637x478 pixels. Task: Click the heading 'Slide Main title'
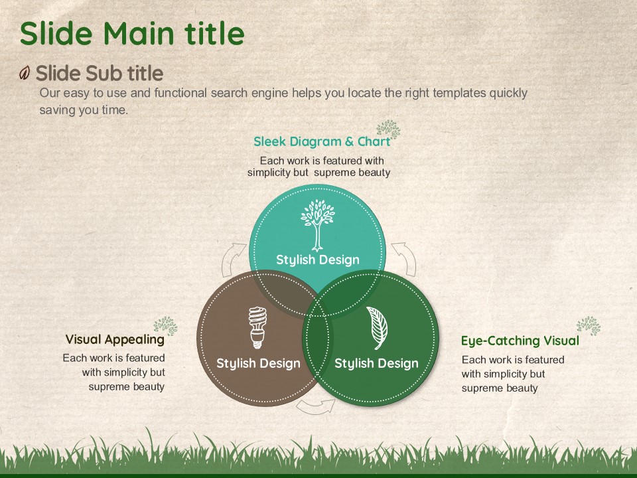click(x=132, y=33)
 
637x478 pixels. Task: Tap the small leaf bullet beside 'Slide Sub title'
click(x=25, y=73)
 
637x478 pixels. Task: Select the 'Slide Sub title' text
click(x=100, y=74)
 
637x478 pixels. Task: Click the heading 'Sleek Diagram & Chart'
click(x=322, y=141)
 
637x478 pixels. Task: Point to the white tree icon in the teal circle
click(x=318, y=225)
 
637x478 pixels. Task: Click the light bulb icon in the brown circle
click(x=257, y=327)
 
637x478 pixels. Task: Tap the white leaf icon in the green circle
click(x=377, y=328)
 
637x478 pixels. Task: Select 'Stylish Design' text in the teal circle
click(x=318, y=260)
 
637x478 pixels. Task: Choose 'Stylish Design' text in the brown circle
click(x=258, y=363)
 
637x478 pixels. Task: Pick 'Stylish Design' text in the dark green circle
click(x=377, y=363)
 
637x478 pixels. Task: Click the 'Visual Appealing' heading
click(x=115, y=339)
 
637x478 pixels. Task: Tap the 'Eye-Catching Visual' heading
click(x=520, y=341)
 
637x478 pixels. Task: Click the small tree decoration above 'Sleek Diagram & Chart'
click(x=389, y=129)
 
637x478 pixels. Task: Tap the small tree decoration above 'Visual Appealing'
click(x=166, y=326)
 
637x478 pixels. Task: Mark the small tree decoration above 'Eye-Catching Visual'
click(x=589, y=325)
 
